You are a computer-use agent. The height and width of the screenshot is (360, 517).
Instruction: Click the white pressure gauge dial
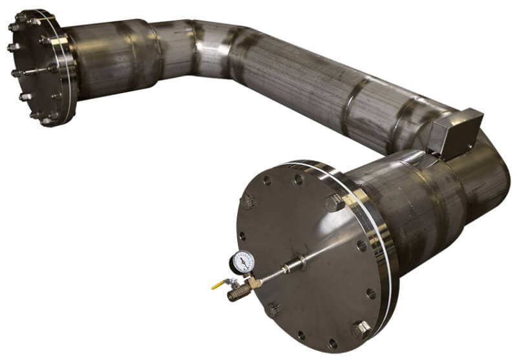(244, 260)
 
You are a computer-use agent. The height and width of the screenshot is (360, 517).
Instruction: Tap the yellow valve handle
(220, 283)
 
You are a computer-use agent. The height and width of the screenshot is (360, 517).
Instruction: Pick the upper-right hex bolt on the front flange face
(334, 203)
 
